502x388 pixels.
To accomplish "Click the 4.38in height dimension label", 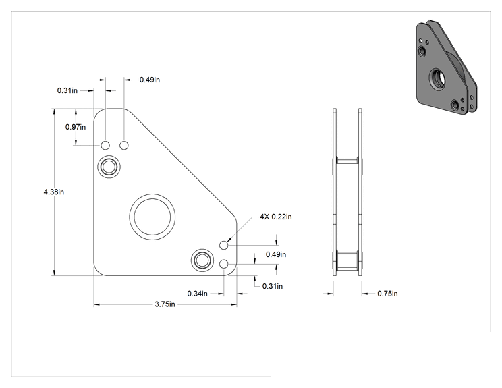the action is pos(54,192).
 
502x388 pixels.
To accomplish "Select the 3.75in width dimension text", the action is pos(165,304).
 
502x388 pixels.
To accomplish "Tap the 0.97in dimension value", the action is pos(76,127).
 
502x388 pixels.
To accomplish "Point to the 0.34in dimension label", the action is pos(197,294).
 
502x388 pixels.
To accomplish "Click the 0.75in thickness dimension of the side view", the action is pos(387,294).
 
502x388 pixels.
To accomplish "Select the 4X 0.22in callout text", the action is pos(276,217).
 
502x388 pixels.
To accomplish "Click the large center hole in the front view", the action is pos(152,217).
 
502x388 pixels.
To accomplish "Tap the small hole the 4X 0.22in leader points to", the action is pos(224,245).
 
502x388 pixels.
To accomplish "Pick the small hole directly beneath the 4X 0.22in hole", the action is pos(224,264).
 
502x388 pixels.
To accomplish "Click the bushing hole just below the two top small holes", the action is pos(109,167).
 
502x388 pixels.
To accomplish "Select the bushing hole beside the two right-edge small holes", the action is pos(202,260).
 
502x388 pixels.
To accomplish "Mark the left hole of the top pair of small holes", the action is pos(105,145).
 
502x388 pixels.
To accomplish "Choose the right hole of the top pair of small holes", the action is pos(124,145).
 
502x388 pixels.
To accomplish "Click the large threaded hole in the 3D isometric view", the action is pos(437,79).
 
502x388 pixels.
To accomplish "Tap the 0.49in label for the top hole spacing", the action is pos(150,80).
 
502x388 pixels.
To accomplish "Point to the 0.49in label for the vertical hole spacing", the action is pos(276,254).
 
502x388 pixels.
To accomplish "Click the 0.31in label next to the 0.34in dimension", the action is pos(273,286).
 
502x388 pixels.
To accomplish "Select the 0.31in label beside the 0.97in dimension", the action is pos(67,90).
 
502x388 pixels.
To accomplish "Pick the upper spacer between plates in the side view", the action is pos(347,161).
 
